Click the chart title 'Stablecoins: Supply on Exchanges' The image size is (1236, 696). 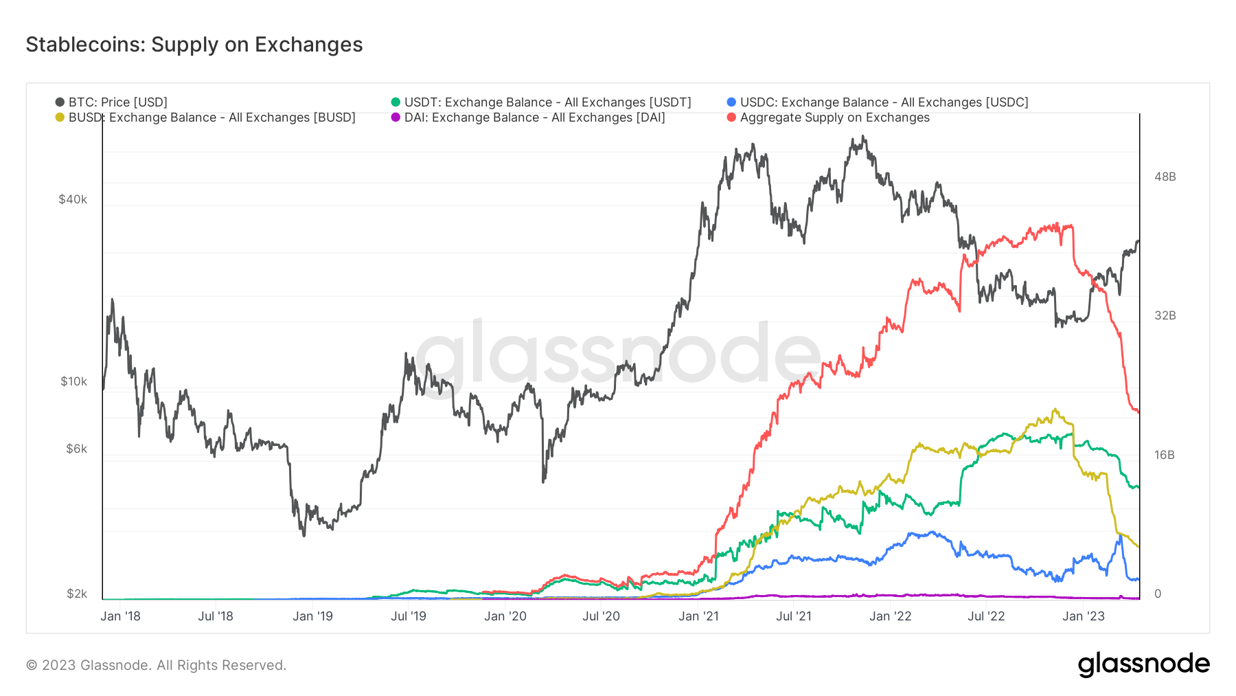point(194,45)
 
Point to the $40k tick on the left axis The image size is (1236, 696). point(73,200)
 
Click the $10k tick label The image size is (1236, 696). point(73,381)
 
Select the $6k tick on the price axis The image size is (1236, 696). point(76,449)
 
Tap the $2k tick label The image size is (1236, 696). point(76,594)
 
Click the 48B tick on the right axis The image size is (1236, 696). point(1165,177)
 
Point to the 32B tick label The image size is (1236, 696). point(1165,315)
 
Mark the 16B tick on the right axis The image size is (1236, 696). point(1165,455)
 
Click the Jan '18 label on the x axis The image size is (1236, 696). point(120,616)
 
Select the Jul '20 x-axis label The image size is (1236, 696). point(601,616)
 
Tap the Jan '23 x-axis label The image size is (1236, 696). point(1083,616)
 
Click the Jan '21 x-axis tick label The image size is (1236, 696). point(698,616)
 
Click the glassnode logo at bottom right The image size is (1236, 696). point(1143,664)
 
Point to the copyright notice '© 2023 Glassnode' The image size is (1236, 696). point(156,665)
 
